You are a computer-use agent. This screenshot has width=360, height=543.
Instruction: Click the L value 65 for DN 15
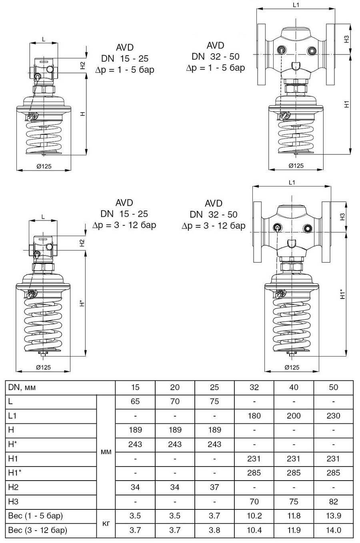pyautogui.click(x=135, y=401)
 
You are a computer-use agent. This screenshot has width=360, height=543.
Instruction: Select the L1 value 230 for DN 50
pyautogui.click(x=333, y=416)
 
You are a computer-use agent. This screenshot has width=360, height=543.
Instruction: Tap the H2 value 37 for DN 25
pyautogui.click(x=214, y=487)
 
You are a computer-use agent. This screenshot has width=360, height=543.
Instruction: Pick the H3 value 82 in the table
pyautogui.click(x=333, y=501)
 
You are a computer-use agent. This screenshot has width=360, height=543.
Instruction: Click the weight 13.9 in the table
pyautogui.click(x=333, y=516)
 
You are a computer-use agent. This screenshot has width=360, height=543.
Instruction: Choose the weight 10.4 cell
pyautogui.click(x=254, y=530)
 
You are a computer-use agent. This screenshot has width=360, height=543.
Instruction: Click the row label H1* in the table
pyautogui.click(x=15, y=473)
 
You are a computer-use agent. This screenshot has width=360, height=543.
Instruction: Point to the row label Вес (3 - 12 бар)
pyautogui.click(x=38, y=530)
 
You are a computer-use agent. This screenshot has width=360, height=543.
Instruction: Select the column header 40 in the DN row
pyautogui.click(x=294, y=387)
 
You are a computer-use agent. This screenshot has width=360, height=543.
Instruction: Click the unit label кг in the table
pyautogui.click(x=106, y=523)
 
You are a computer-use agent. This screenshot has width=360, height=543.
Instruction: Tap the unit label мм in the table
pyautogui.click(x=106, y=451)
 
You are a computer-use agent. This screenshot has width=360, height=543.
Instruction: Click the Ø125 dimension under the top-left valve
pyautogui.click(x=44, y=166)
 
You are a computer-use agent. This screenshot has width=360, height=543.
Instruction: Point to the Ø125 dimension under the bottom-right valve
pyautogui.click(x=292, y=367)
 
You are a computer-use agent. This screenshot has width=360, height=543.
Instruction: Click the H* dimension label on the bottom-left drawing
pyautogui.click(x=82, y=304)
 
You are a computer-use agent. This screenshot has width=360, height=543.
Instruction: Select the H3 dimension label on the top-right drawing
pyautogui.click(x=346, y=39)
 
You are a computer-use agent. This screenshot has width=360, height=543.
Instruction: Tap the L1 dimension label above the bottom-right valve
pyautogui.click(x=292, y=182)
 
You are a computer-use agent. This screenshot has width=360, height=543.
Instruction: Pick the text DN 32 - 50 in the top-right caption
pyautogui.click(x=215, y=56)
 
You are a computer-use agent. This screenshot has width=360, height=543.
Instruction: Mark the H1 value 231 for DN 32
pyautogui.click(x=254, y=459)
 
